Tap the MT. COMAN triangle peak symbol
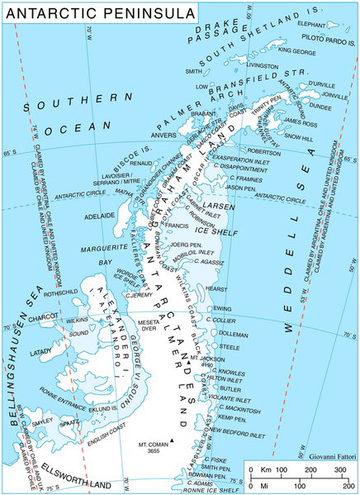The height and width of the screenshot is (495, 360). pos(172,440)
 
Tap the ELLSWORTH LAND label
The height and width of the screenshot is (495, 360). pos(62,473)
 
